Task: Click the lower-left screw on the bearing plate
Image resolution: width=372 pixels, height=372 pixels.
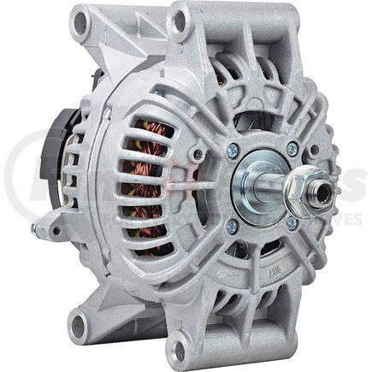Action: point(231,226)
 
